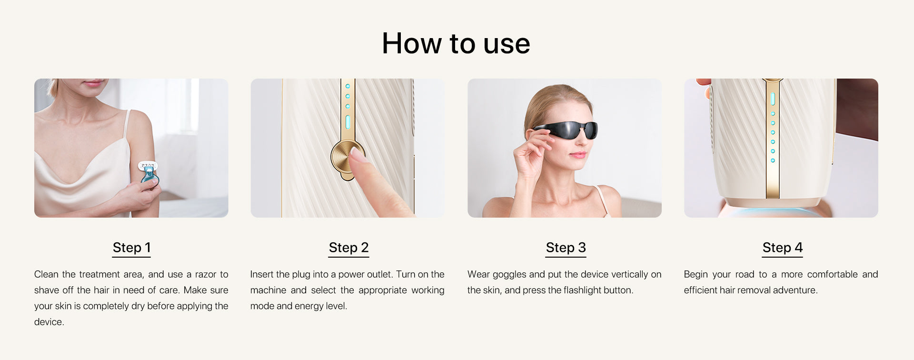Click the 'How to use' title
456,43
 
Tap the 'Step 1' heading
131,248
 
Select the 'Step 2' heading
348,248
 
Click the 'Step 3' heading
566,248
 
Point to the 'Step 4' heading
782,248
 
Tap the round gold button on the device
348,158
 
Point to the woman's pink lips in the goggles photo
578,155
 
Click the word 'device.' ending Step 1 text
49,322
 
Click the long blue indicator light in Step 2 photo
348,122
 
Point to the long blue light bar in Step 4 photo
773,99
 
